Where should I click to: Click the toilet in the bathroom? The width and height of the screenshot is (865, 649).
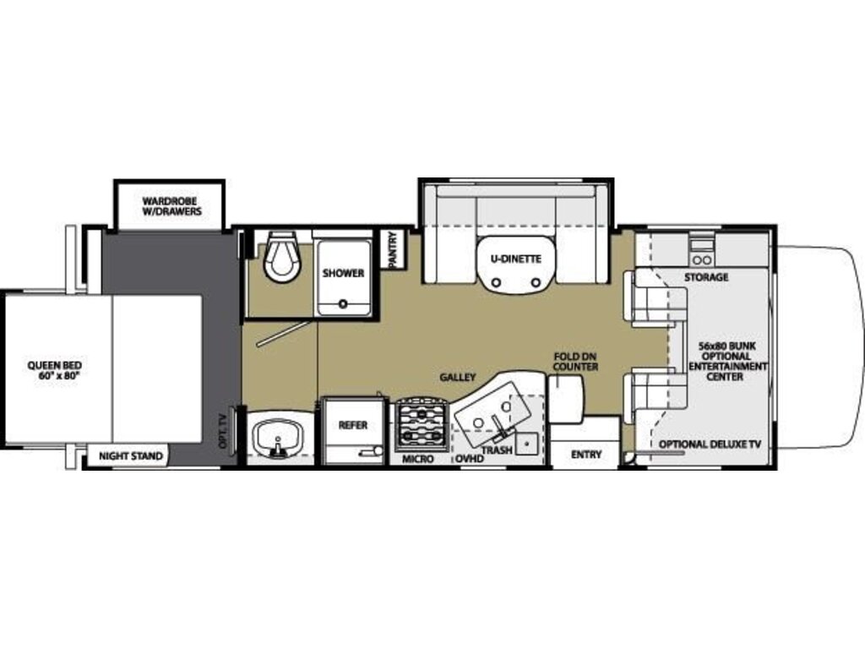point(281,257)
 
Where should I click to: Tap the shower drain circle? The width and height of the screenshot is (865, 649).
point(343,303)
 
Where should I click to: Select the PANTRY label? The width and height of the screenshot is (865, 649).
point(393,250)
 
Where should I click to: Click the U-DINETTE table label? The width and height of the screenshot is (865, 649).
point(516,259)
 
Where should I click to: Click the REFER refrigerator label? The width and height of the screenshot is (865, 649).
point(353,425)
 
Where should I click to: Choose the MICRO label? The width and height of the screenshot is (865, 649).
point(417,459)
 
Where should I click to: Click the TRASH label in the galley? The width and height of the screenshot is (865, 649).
point(497,450)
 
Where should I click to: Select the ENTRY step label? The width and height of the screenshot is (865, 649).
point(586,455)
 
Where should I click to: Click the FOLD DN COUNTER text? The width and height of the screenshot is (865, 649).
point(575,362)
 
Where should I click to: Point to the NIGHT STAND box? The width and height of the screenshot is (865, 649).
point(131,455)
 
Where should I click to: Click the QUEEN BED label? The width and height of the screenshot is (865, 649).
point(55,370)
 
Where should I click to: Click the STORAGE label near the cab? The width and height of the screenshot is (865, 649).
point(706,277)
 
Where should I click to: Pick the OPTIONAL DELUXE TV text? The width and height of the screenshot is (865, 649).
point(710,444)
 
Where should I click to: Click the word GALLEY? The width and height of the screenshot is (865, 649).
point(457,378)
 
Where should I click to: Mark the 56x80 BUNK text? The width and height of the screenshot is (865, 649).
point(727,346)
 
